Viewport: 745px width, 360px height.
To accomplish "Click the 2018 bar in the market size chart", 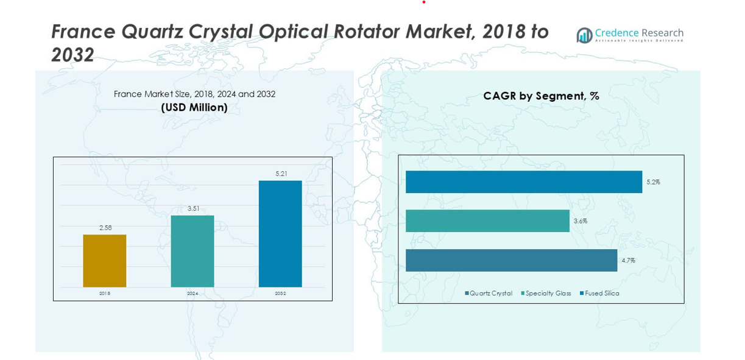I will click(x=104, y=261).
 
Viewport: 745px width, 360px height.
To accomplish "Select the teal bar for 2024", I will click(x=192, y=251).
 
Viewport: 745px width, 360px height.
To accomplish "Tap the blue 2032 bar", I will click(x=280, y=233).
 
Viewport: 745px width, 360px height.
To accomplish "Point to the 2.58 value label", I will click(x=105, y=228).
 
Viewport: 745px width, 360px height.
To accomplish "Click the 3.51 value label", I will click(x=193, y=208).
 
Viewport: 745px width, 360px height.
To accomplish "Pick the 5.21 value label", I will click(x=281, y=174).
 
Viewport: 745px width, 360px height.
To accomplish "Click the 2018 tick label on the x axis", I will click(x=105, y=294).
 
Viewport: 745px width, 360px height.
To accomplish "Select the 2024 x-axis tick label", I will click(x=192, y=294).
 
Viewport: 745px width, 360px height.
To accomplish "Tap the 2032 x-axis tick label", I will click(x=280, y=294).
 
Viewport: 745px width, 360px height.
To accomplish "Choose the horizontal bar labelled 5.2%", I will click(x=524, y=182).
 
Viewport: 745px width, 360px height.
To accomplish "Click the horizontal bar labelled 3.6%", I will click(x=487, y=221).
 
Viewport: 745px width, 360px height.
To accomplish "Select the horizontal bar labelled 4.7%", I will click(x=511, y=260).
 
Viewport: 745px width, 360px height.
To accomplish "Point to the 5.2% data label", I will click(x=653, y=182).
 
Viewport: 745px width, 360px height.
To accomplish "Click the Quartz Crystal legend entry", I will click(x=489, y=294).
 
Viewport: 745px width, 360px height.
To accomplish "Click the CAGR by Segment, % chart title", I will click(x=541, y=96).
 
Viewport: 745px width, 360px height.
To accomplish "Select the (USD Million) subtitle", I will click(x=194, y=108).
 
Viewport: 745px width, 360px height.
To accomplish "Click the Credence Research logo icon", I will click(x=584, y=35).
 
